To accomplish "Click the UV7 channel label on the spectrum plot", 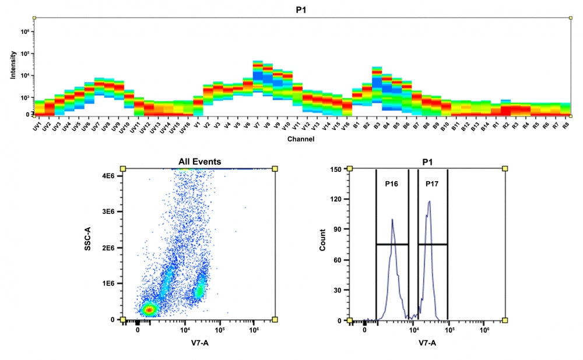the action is (x=95, y=126).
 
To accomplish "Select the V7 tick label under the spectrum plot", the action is (x=257, y=126).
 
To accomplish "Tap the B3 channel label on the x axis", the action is (x=377, y=126).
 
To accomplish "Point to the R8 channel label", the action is (x=566, y=126).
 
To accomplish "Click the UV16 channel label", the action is (x=184, y=127).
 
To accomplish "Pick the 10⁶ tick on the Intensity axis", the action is (x=25, y=32).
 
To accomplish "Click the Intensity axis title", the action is (x=13, y=65).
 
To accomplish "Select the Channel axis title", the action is (x=301, y=139).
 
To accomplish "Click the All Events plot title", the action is (x=199, y=161).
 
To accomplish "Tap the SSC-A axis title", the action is (x=88, y=238).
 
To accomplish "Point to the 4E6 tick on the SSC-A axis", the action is (x=108, y=175).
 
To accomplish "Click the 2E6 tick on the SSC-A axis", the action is (x=108, y=248).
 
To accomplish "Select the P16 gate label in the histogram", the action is (x=392, y=183).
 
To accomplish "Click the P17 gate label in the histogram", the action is (x=432, y=183).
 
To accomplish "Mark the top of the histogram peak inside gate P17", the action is (x=430, y=202).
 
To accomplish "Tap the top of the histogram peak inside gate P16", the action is (x=392, y=219).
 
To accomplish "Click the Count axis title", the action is (x=322, y=239).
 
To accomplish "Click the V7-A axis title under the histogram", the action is (x=427, y=343).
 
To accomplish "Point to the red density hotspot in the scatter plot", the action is (x=149, y=309).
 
